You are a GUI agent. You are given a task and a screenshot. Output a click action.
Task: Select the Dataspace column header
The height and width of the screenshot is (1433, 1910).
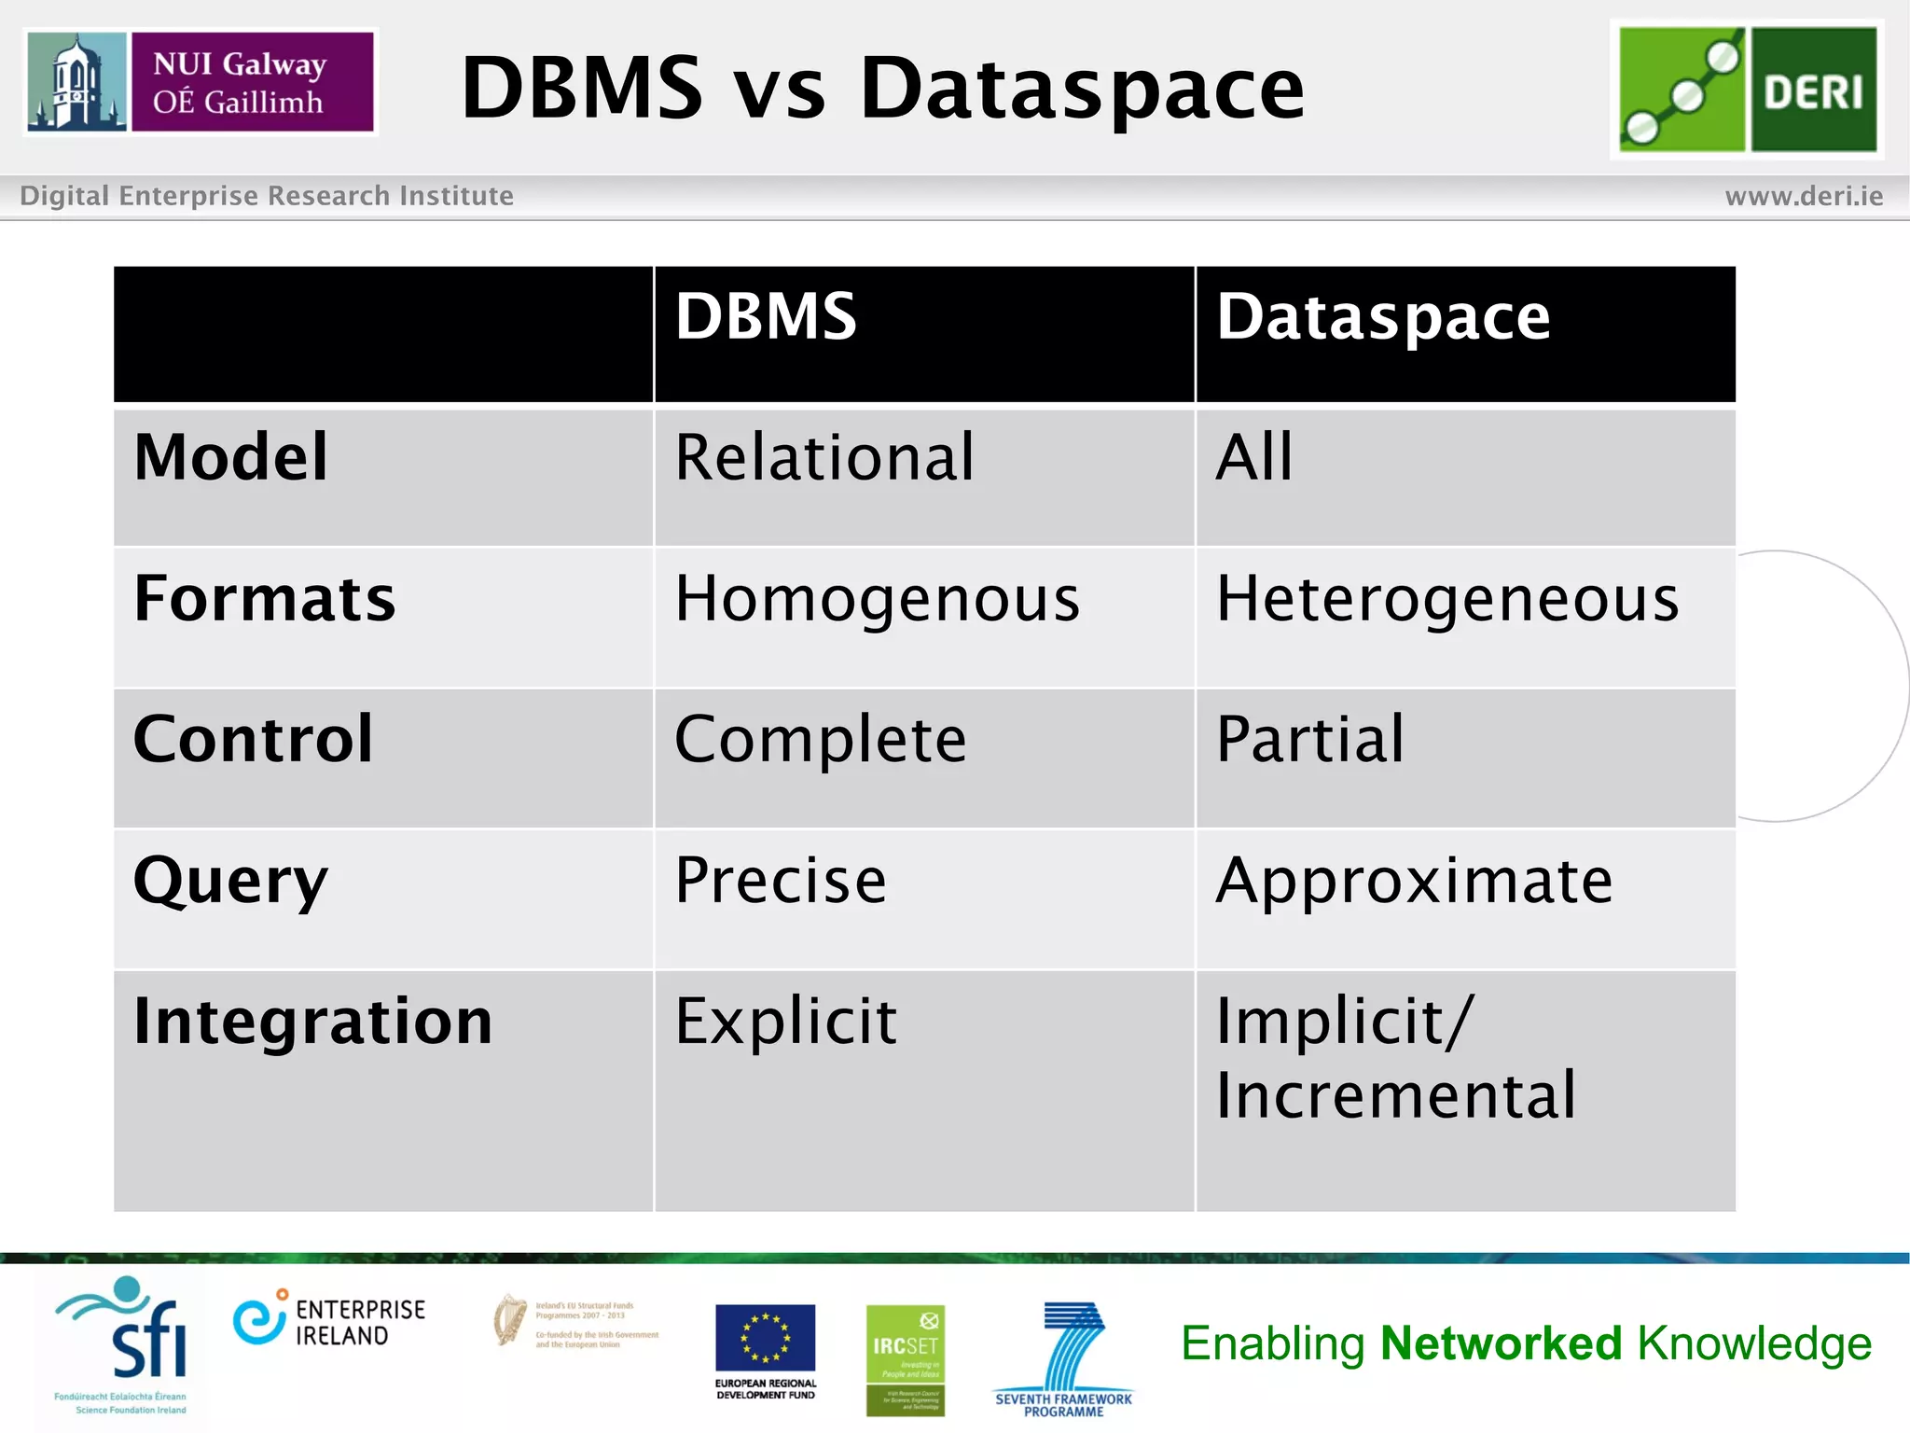click(1383, 317)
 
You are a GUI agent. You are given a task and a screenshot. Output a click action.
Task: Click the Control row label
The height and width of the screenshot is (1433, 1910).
click(253, 739)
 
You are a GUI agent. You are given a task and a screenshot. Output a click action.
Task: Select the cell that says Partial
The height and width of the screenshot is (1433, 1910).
click(1309, 739)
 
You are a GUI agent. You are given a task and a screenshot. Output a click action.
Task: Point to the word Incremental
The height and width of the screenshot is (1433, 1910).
click(1395, 1095)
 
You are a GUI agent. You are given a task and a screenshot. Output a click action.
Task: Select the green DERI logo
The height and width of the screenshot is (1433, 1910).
click(1747, 90)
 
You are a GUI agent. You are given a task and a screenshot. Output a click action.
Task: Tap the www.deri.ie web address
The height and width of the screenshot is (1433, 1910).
click(1804, 196)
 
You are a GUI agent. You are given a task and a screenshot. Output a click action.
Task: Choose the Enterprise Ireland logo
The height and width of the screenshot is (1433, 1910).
click(329, 1321)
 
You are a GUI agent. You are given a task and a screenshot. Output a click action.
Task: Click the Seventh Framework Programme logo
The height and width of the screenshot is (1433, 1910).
click(1064, 1357)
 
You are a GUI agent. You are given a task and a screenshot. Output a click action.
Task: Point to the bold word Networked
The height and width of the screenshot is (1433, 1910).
click(1502, 1343)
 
